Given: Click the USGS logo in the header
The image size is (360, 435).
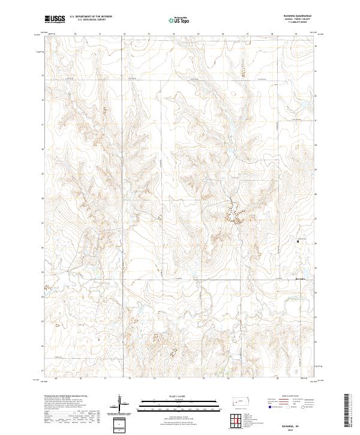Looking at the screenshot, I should [55, 19].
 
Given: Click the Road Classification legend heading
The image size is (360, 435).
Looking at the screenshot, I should [284, 397].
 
